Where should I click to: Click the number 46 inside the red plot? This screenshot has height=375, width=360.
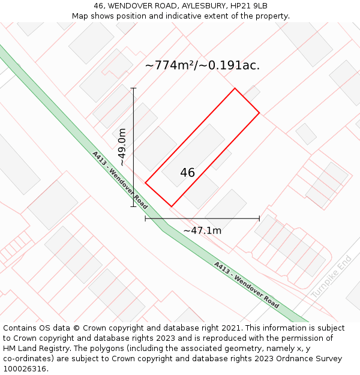(187, 173)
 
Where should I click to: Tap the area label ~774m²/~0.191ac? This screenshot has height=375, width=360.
(203, 65)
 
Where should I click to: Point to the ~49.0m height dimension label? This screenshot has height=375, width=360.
(122, 147)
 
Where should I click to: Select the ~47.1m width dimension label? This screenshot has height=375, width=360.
(202, 230)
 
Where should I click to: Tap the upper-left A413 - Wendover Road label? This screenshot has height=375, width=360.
(120, 179)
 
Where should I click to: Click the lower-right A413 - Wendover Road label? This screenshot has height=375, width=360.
(246, 284)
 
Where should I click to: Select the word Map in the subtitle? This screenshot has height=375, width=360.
(80, 16)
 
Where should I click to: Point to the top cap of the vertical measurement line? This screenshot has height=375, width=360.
(133, 88)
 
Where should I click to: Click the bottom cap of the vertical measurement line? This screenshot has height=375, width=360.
(133, 207)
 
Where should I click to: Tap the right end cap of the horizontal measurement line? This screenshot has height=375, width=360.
(259, 219)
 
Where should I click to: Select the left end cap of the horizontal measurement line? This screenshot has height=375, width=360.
(145, 219)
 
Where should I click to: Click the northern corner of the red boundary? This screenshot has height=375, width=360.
(235, 89)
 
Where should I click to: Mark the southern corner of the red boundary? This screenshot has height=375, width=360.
(171, 206)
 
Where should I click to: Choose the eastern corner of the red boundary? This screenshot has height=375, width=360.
(259, 112)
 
